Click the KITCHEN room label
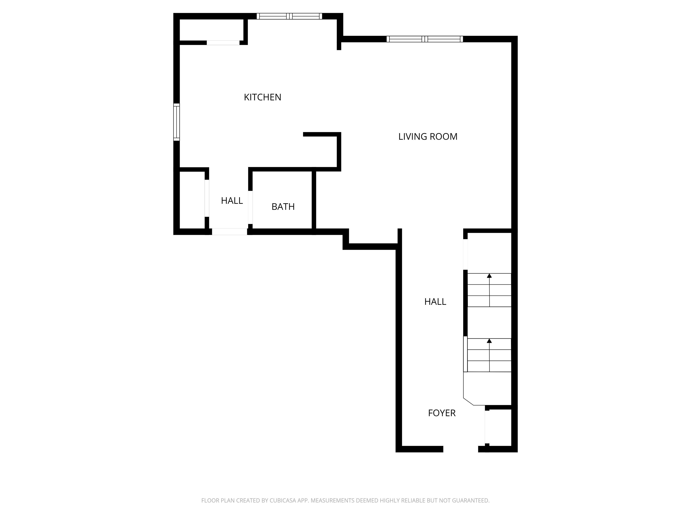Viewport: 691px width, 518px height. point(262,97)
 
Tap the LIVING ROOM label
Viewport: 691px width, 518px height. point(428,136)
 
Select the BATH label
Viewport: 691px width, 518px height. point(283,207)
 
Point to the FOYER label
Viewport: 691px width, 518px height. point(441,413)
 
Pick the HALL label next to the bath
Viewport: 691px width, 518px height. point(232,201)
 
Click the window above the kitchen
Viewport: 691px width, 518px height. point(289,16)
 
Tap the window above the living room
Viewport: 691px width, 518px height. point(424,39)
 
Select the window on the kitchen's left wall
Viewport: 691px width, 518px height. point(177,122)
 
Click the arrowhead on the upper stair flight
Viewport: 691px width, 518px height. point(489,276)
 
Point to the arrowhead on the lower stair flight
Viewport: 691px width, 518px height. point(489,341)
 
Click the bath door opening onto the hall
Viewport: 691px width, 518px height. point(250,207)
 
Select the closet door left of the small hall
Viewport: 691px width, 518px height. point(207,198)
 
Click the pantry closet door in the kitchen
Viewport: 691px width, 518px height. point(223,43)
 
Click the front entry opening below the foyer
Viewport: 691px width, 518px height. point(460,449)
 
